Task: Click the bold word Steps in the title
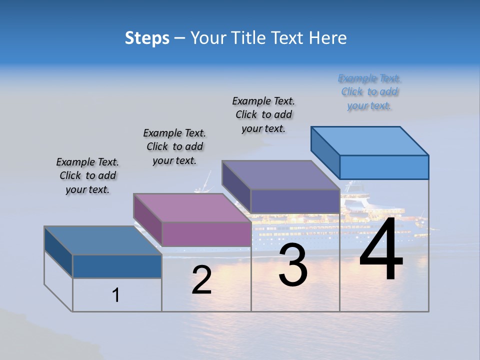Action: pos(147,38)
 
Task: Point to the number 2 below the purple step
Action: pos(201,280)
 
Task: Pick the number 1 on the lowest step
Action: pos(115,295)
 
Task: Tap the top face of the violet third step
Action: pos(280,175)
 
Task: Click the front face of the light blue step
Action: pos(384,167)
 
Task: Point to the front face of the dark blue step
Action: pos(117,266)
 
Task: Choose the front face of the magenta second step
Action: pos(206,234)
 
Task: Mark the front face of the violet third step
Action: pos(295,201)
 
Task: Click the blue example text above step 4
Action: pos(369,92)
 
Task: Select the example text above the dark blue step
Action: pos(87,175)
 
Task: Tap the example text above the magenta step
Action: pos(174,146)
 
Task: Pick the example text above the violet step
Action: pos(263,114)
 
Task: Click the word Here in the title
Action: pos(328,38)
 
